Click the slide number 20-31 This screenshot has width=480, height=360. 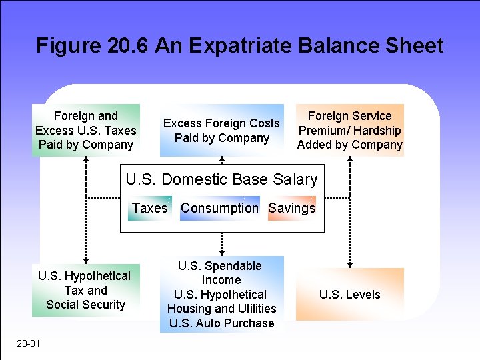click(x=29, y=344)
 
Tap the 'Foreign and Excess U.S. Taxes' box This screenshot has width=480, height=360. click(x=86, y=130)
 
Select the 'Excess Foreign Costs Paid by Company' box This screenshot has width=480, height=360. click(x=221, y=131)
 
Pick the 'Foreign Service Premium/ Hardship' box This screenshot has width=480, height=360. click(x=350, y=130)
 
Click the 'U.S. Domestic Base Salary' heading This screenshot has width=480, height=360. click(x=221, y=179)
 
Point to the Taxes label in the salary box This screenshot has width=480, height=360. click(x=150, y=208)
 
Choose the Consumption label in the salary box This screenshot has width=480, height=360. click(x=219, y=208)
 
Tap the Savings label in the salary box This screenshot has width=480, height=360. click(x=292, y=208)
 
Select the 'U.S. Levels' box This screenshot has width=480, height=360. click(x=350, y=295)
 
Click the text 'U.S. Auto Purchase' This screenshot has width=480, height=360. click(x=221, y=323)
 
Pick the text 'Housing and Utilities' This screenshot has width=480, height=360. click(x=221, y=309)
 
